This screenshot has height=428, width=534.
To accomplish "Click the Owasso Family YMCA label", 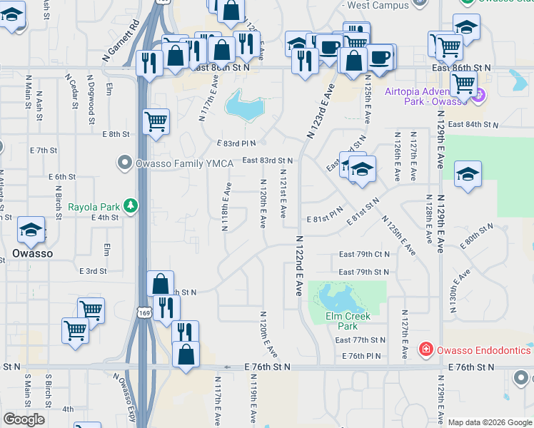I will click(184, 164).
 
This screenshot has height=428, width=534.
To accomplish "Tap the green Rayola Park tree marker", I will click(130, 206).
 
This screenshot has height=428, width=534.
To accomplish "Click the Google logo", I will click(24, 419).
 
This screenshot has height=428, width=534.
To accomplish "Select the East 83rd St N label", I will click(268, 161).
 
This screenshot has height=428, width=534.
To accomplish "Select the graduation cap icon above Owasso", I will click(31, 230).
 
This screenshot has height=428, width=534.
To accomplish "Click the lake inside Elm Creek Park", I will click(336, 295).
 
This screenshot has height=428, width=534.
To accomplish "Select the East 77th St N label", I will click(360, 340).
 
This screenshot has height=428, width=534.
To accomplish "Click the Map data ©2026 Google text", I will click(490, 422).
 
